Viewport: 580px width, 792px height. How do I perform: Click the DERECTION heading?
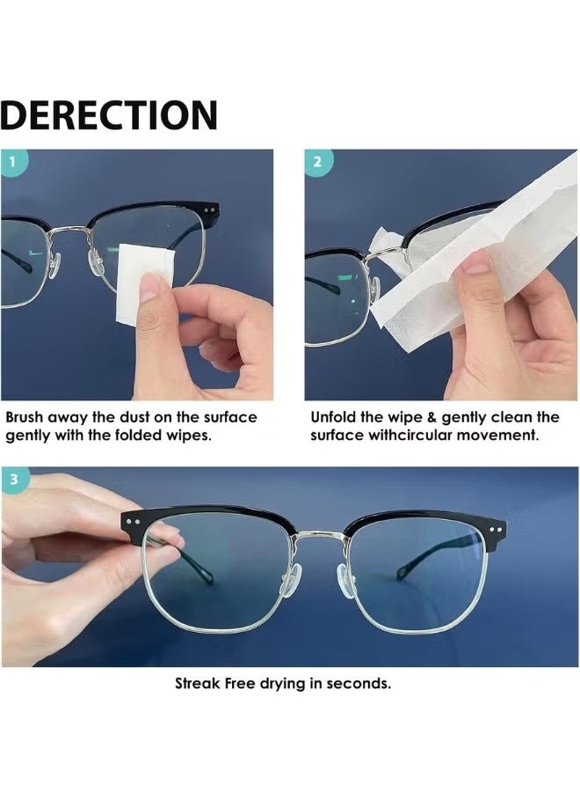pyautogui.click(x=109, y=115)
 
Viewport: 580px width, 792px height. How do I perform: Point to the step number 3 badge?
pyautogui.click(x=14, y=479)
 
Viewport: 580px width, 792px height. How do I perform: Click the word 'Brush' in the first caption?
pyautogui.click(x=25, y=417)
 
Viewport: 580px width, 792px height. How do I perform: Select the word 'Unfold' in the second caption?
pyautogui.click(x=333, y=417)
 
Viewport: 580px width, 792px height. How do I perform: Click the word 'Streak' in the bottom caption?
pyautogui.click(x=197, y=684)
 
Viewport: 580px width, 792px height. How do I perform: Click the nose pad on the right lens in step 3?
pyautogui.click(x=347, y=581)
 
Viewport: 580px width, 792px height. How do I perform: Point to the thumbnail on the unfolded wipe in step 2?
pyautogui.click(x=475, y=261)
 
